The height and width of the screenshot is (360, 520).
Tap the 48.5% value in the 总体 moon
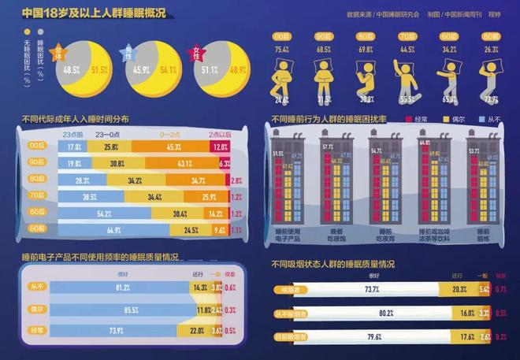72,69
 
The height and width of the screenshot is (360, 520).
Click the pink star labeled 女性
197,56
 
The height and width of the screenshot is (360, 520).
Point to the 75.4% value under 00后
281,50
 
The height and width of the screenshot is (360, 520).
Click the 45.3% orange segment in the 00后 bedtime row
173,147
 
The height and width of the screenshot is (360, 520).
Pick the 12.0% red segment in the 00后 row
220,147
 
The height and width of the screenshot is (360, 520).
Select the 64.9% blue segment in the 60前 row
116,231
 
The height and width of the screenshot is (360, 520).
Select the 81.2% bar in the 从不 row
122,288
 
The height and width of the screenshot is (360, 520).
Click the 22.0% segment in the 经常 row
199,331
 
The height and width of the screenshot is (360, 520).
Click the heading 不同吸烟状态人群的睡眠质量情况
332,264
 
